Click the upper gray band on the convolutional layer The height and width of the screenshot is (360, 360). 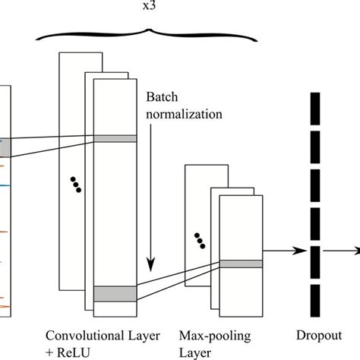pos(115,139)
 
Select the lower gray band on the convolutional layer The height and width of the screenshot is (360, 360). pos(115,293)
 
